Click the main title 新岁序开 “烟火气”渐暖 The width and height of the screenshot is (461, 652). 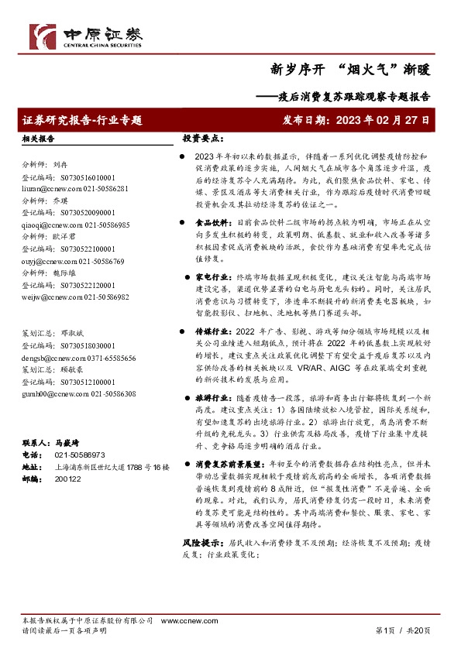(349, 68)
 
